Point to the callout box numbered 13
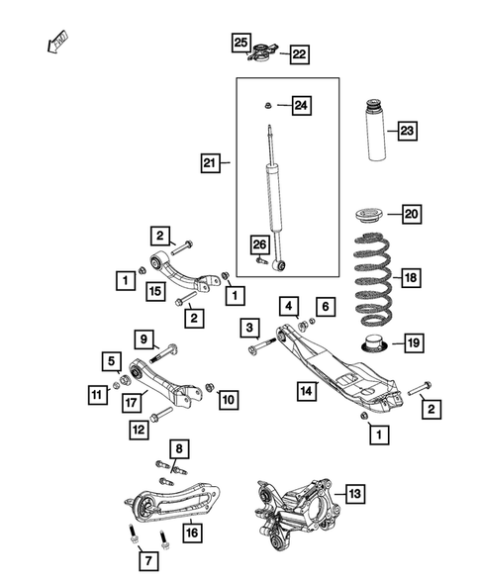(352, 492)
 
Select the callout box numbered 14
(308, 391)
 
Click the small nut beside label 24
(268, 104)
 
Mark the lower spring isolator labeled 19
(372, 344)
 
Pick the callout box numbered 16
(191, 533)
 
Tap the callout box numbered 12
(139, 429)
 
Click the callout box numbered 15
(154, 290)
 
